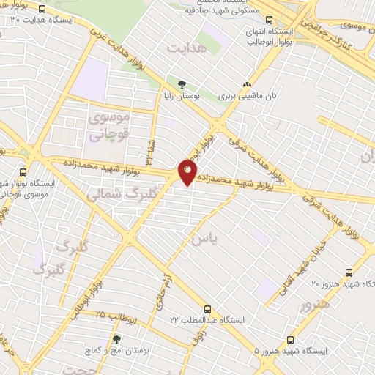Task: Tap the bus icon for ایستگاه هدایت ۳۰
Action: pos(41,10)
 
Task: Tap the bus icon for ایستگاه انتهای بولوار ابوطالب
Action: pos(270,22)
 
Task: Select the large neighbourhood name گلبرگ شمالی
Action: pos(117,195)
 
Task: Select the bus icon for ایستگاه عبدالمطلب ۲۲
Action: pos(208,309)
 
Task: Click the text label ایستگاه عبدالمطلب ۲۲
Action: pos(209,320)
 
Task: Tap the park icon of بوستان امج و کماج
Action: pos(116,339)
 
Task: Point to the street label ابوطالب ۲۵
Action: pos(117,316)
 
